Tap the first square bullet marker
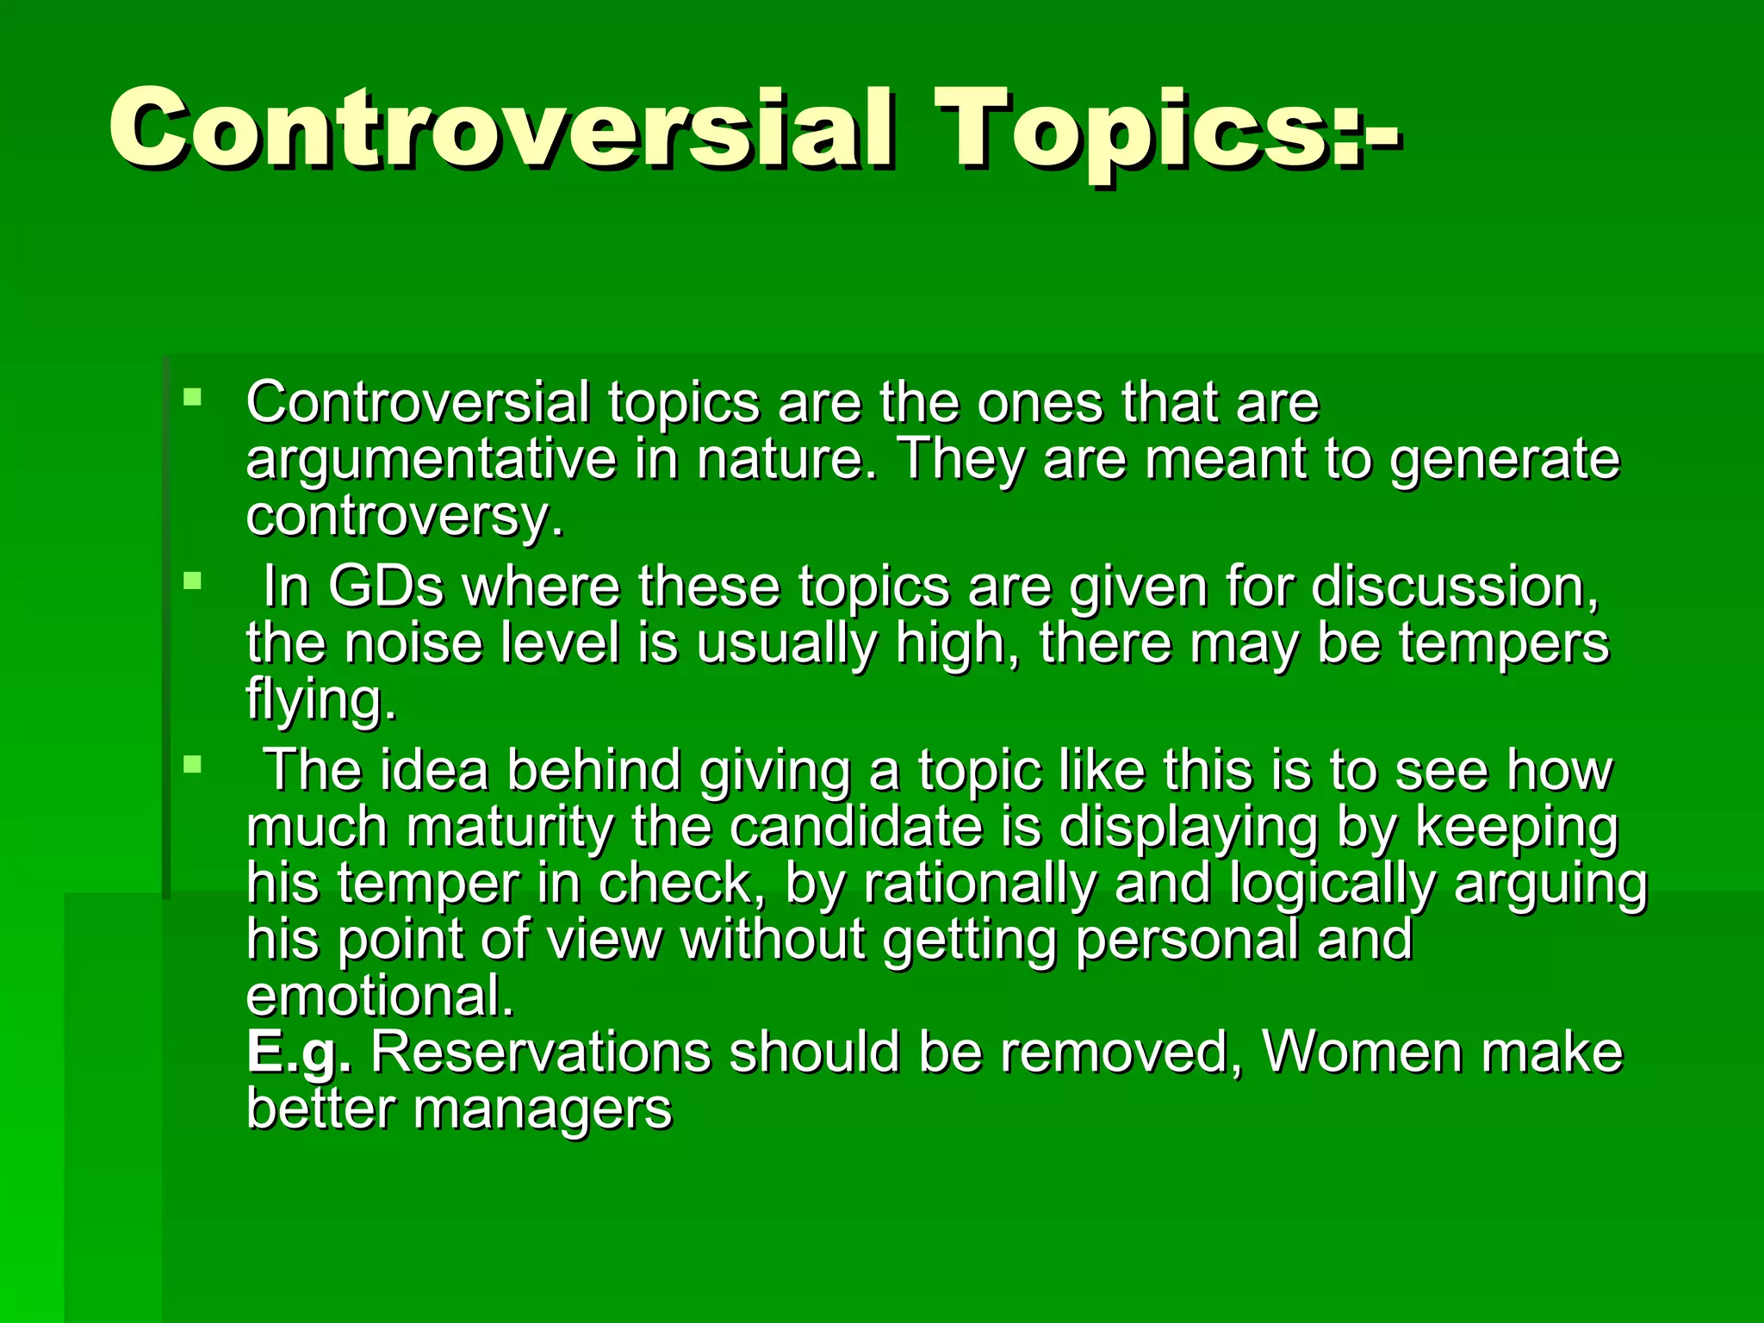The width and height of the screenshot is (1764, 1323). (x=192, y=398)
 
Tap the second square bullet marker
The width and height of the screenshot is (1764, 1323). (x=192, y=581)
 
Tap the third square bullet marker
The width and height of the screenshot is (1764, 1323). (x=192, y=764)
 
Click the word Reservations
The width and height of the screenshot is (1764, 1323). (x=541, y=1053)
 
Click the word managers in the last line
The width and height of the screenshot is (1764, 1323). (x=543, y=1109)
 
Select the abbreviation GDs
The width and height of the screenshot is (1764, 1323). (x=386, y=587)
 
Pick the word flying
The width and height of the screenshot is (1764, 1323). (x=320, y=699)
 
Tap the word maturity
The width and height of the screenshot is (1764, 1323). (x=510, y=827)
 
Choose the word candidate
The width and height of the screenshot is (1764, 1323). (x=856, y=827)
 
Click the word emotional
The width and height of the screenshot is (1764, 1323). (x=379, y=997)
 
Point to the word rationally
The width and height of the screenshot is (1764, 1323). (x=979, y=884)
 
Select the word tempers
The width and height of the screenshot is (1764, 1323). (x=1503, y=643)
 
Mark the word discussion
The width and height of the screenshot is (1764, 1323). (x=1455, y=587)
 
